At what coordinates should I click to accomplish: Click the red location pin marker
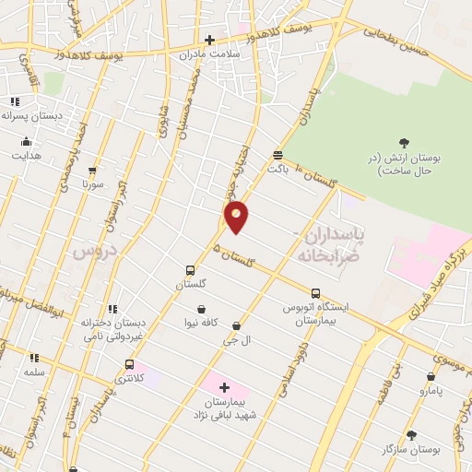(x=237, y=216)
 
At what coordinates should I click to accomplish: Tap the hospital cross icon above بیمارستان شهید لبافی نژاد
(x=224, y=388)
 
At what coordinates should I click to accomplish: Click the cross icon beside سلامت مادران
(x=209, y=40)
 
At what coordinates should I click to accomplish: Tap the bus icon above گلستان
(x=190, y=270)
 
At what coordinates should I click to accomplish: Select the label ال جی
(x=237, y=340)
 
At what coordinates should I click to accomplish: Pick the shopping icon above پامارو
(x=431, y=376)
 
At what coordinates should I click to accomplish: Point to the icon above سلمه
(x=34, y=358)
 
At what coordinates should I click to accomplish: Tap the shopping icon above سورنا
(x=92, y=171)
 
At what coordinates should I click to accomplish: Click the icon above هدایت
(x=26, y=142)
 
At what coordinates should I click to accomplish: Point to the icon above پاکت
(x=277, y=155)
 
